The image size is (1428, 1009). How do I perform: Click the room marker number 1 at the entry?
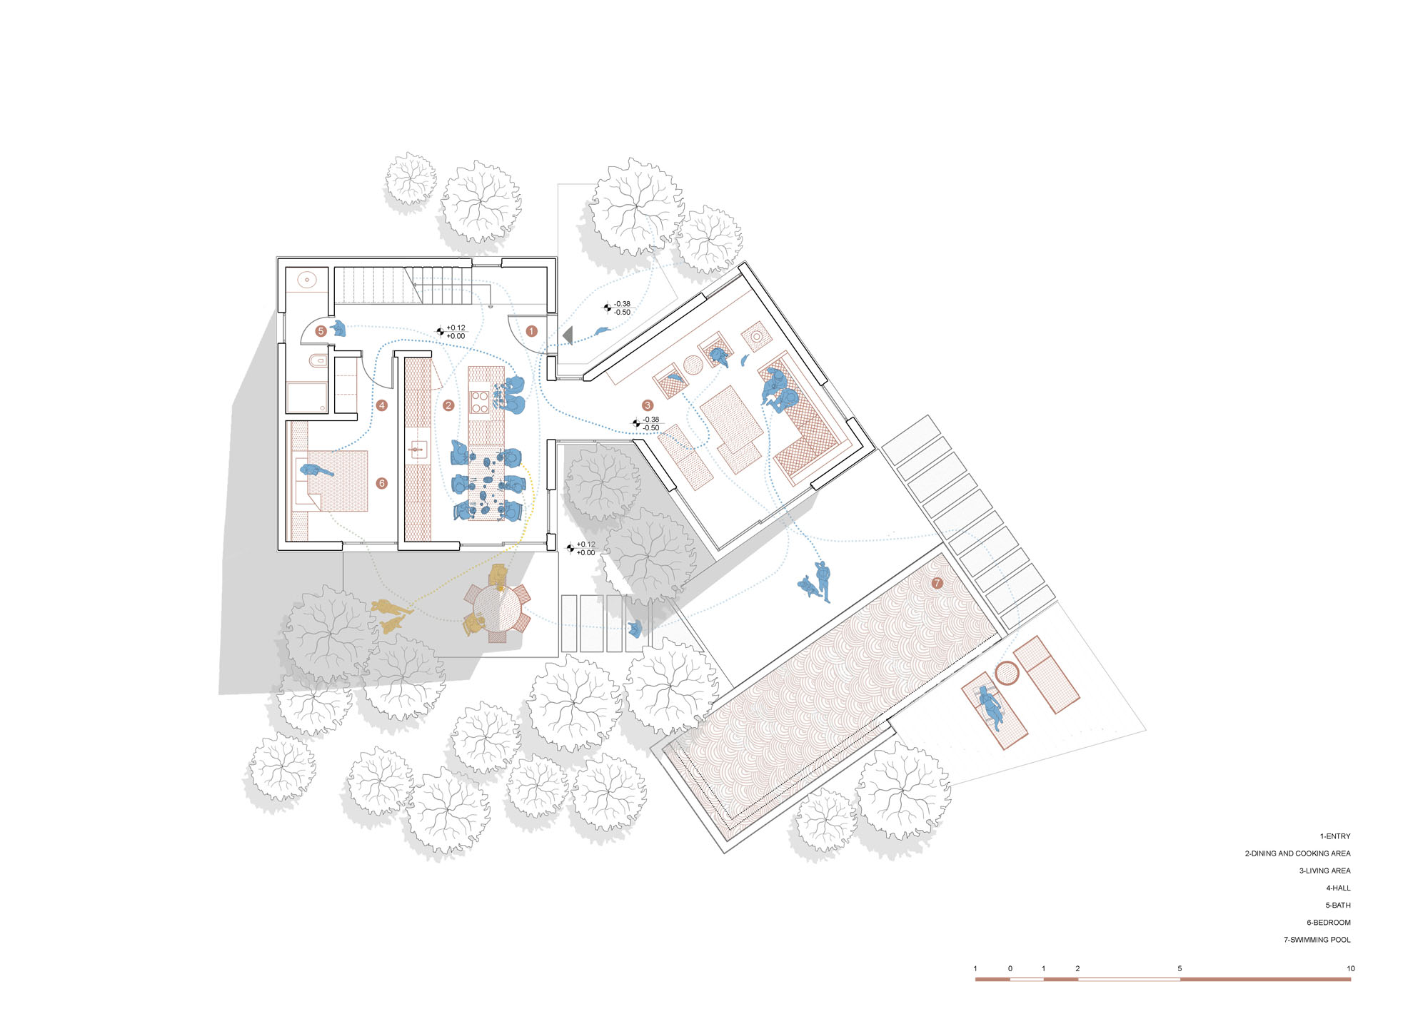[x=531, y=331]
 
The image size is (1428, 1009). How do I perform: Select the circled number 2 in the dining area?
[x=448, y=405]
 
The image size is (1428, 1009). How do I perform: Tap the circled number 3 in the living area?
[x=648, y=405]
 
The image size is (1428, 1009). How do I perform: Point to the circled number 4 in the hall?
[x=382, y=405]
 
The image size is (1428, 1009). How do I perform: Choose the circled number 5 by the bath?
[x=321, y=331]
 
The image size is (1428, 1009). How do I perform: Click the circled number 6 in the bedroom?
[x=382, y=483]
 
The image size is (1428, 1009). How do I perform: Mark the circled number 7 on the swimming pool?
[x=937, y=583]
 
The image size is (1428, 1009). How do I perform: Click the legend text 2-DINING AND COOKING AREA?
[x=1297, y=853]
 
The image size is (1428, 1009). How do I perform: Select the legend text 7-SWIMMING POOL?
[x=1317, y=940]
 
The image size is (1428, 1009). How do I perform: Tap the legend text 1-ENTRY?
[x=1335, y=836]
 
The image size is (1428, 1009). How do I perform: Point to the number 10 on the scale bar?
[x=1350, y=968]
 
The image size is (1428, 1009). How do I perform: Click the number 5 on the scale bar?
[x=1180, y=968]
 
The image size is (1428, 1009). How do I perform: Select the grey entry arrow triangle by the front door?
[x=568, y=335]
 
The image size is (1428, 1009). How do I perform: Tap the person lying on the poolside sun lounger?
[x=990, y=706]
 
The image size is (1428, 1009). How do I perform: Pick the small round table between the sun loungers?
[x=1007, y=674]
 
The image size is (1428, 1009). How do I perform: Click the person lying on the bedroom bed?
[x=316, y=471]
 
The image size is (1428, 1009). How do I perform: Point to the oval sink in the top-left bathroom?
[x=307, y=280]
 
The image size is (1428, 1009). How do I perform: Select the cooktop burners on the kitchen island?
[x=480, y=402]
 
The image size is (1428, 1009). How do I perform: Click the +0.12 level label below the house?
[x=585, y=544]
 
